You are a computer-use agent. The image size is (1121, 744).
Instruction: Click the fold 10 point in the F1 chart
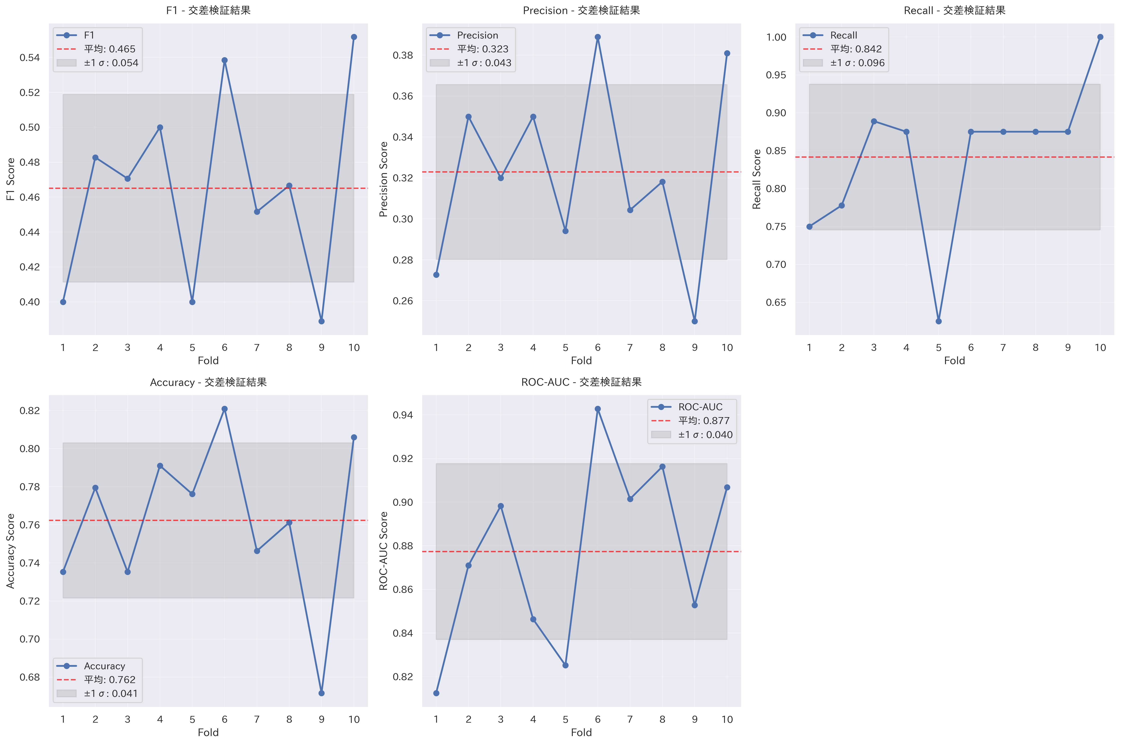pos(354,37)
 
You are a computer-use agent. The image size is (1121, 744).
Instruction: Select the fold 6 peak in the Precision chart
pos(598,37)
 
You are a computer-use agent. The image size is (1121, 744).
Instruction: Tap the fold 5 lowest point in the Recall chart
pos(938,321)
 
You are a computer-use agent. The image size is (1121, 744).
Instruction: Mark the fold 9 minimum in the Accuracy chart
pos(322,693)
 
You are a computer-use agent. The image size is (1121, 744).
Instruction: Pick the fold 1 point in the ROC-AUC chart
pos(436,693)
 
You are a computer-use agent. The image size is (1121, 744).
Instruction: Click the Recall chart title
pos(955,10)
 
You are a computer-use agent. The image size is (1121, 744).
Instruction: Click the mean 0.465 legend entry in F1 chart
pos(109,49)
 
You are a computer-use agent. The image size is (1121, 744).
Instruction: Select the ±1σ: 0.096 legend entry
pos(857,63)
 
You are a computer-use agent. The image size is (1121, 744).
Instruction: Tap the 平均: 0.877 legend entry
pos(704,421)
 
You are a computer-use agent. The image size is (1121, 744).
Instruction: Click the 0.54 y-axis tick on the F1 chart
pos(29,57)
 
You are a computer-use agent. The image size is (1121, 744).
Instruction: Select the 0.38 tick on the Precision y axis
pos(403,55)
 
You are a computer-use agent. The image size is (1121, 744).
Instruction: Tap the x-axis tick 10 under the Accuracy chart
pos(354,719)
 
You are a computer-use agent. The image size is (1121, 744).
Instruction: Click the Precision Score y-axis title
pos(383,179)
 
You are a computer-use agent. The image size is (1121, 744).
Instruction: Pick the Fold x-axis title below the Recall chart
pos(955,361)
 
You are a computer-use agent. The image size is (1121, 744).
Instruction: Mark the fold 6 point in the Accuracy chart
pos(224,409)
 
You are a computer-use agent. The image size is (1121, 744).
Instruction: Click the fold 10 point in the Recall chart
pos(1100,37)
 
